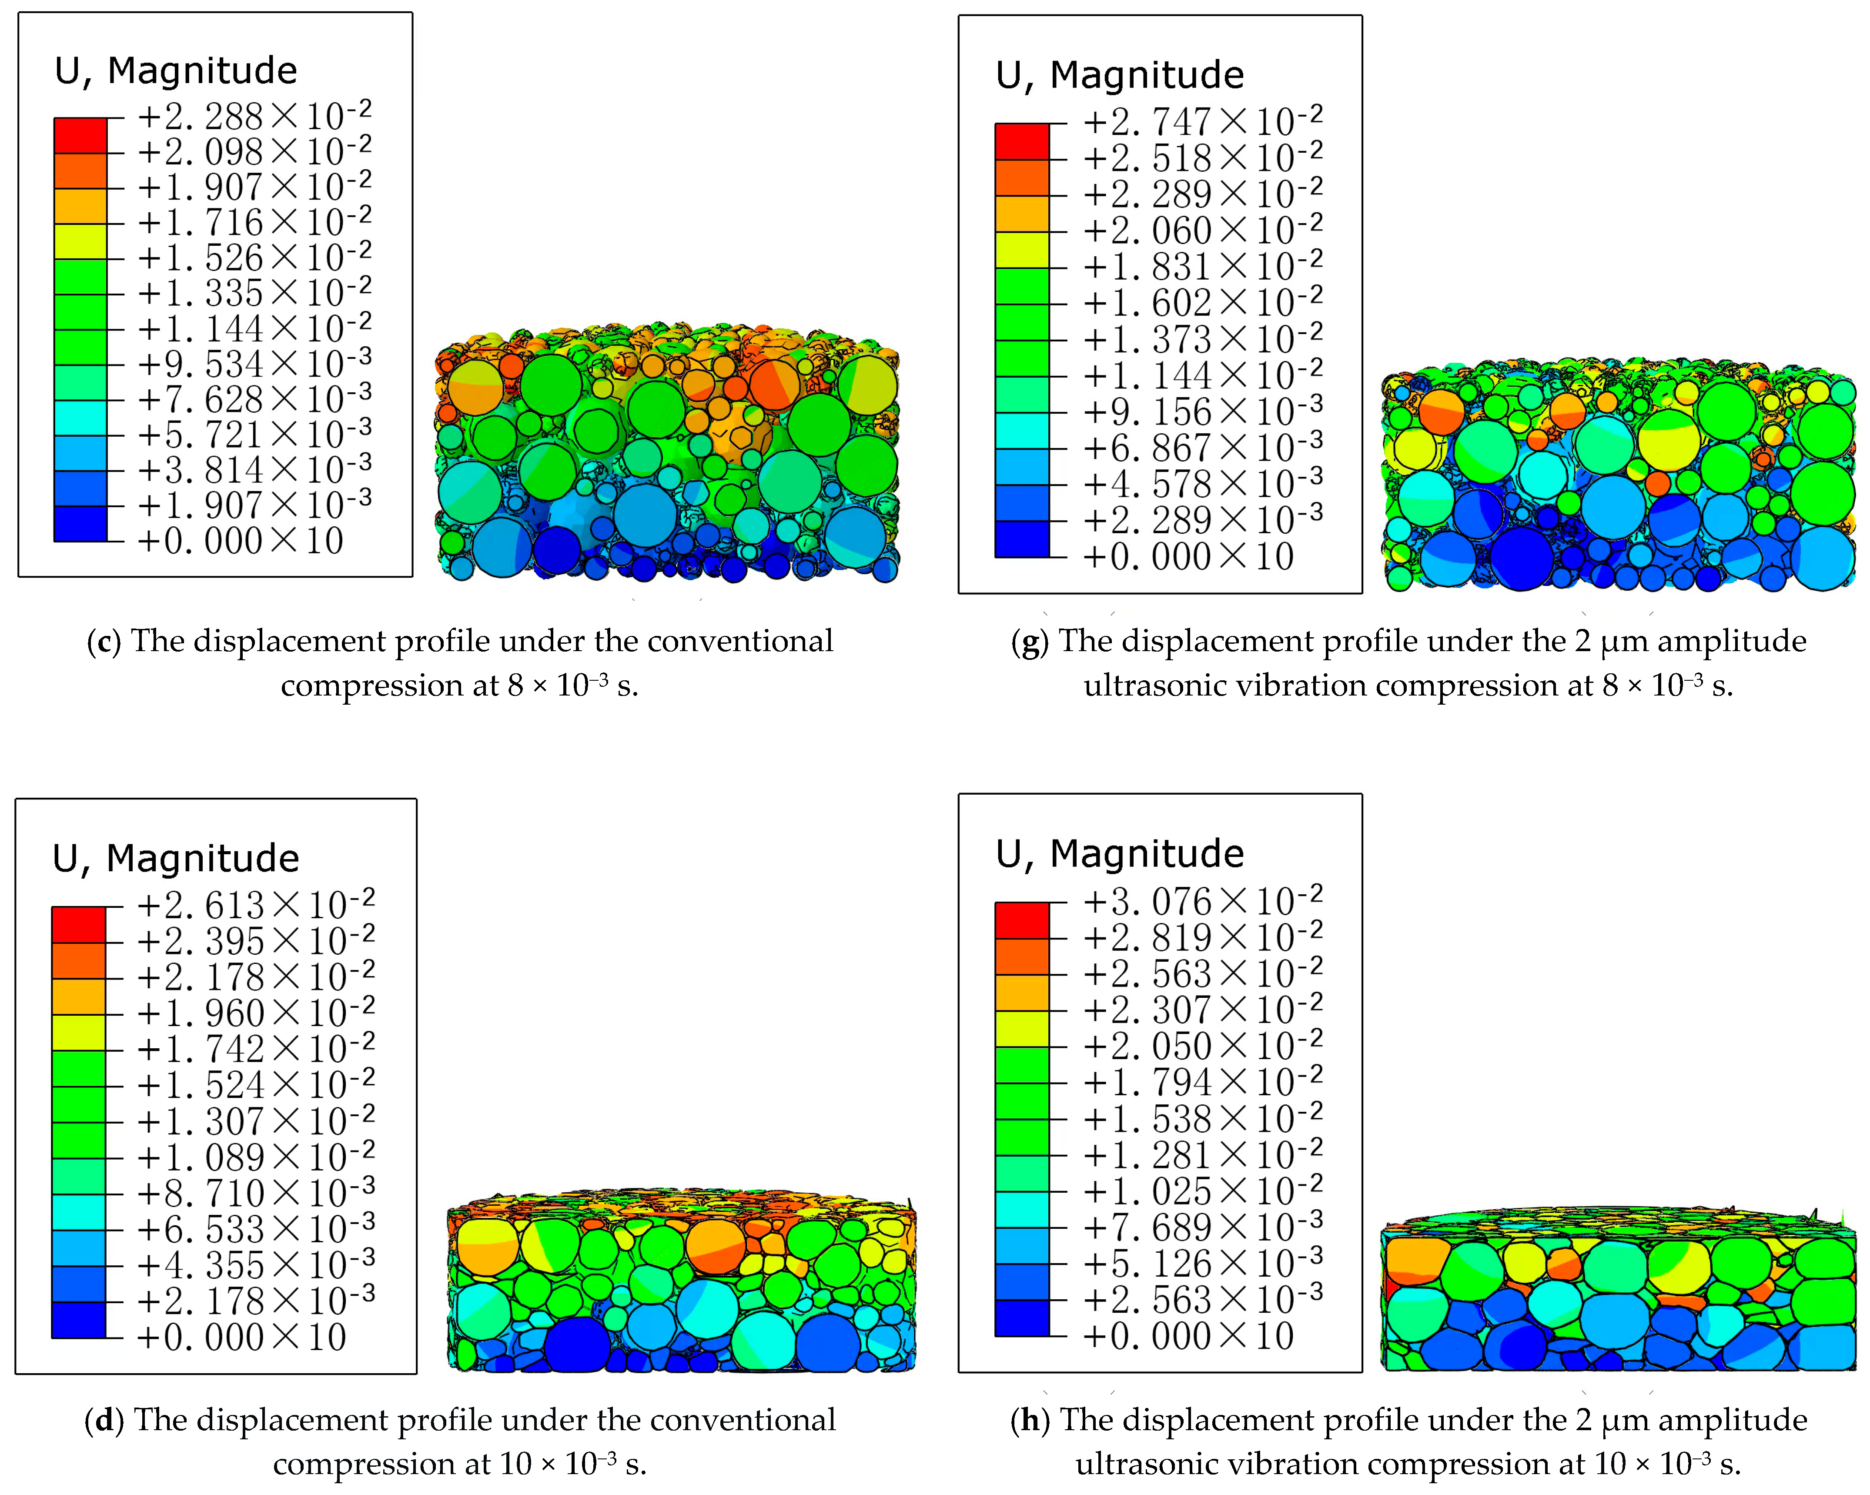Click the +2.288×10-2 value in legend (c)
[254, 116]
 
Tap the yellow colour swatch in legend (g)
[1022, 250]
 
